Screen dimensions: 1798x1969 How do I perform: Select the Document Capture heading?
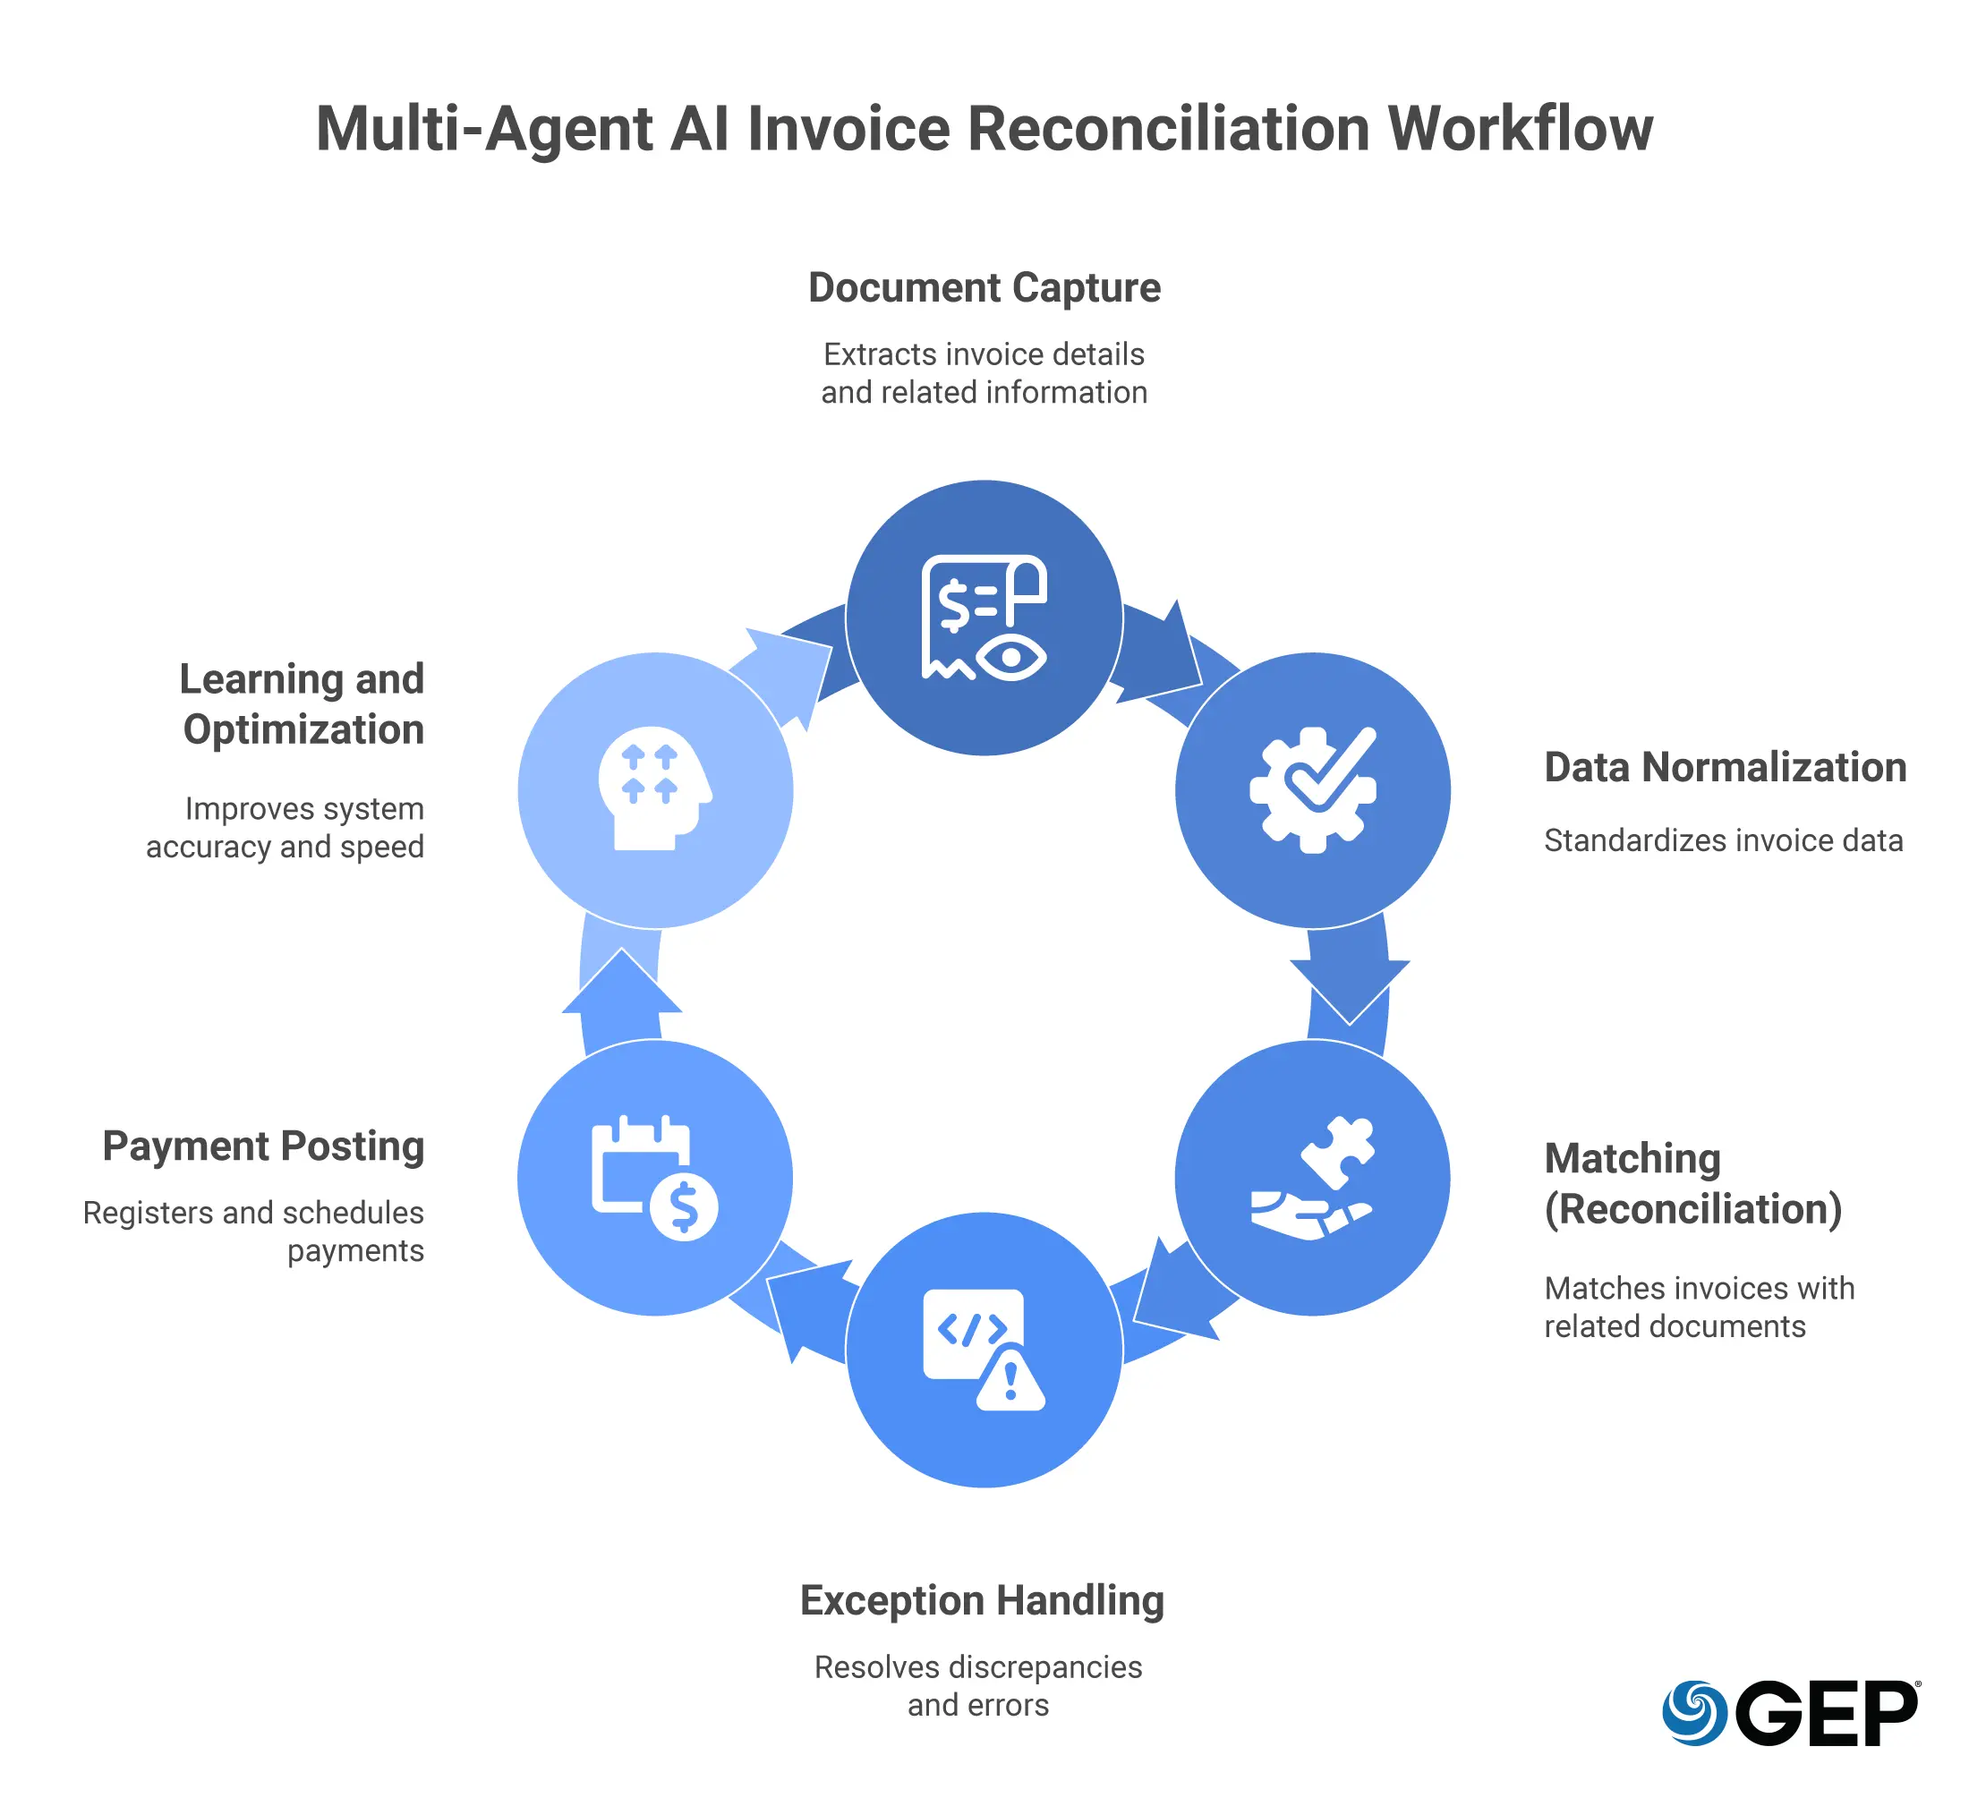click(984, 288)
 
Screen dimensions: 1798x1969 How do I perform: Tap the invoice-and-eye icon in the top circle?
click(984, 618)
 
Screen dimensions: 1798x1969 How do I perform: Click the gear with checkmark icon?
click(1313, 789)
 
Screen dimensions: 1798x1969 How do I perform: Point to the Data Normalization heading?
click(1725, 768)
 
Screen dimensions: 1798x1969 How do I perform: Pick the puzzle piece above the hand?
click(1338, 1150)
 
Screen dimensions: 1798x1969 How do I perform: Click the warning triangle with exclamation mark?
click(1010, 1382)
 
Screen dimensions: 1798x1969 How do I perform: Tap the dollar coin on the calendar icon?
click(684, 1208)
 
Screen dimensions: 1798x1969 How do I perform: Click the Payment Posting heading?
click(263, 1146)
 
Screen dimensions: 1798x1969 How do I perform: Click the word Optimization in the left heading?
click(303, 729)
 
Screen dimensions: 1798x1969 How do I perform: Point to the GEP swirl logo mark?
click(1694, 1713)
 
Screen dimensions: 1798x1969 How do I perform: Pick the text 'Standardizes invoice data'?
click(1723, 841)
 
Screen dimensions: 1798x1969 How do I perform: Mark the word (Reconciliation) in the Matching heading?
click(1692, 1209)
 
